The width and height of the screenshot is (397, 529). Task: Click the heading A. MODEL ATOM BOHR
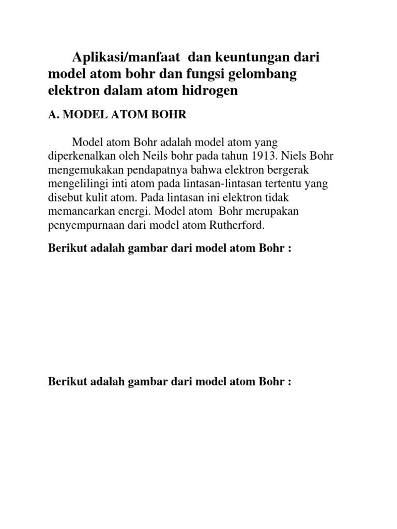(117, 115)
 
